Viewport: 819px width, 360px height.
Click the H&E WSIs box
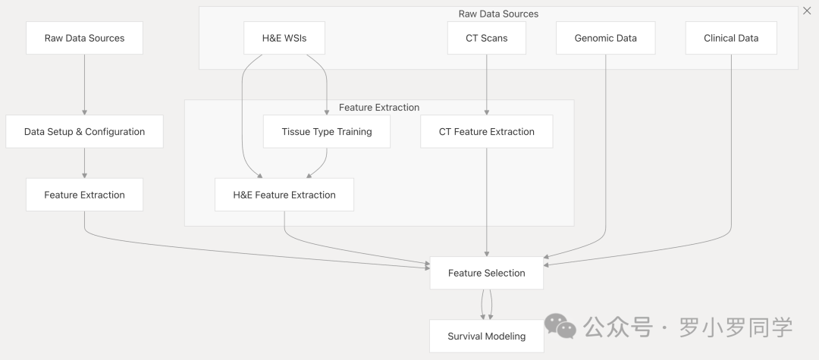point(284,38)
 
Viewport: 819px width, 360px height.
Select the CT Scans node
point(486,38)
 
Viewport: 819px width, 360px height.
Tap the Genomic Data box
point(605,38)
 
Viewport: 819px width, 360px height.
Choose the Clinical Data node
point(730,38)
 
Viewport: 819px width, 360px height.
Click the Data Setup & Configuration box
point(84,131)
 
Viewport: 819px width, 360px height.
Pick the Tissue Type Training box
point(326,131)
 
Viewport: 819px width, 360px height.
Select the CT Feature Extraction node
point(486,131)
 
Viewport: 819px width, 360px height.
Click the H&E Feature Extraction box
point(284,195)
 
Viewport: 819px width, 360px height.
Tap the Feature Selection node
point(486,273)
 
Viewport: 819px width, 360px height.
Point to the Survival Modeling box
point(486,336)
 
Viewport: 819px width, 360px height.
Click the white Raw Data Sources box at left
point(84,38)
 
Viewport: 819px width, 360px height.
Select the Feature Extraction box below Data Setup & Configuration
point(84,195)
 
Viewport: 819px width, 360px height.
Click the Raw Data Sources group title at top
point(498,14)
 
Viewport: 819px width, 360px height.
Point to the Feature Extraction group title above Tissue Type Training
point(378,108)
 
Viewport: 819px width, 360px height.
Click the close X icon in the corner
point(806,11)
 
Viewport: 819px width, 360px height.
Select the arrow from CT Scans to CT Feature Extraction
point(486,85)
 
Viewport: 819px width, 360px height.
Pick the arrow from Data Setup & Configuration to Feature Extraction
point(84,163)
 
